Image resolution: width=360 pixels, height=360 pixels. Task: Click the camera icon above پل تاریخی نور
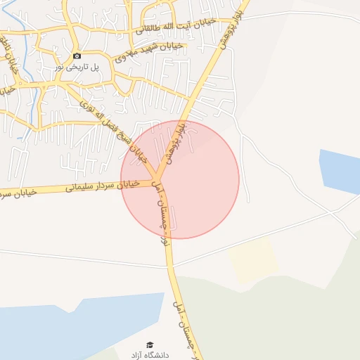(77, 56)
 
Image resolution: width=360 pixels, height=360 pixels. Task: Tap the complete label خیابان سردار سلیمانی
(103, 186)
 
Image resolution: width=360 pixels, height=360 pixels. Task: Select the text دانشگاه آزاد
(149, 354)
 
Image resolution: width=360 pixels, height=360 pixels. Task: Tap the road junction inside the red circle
(156, 179)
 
